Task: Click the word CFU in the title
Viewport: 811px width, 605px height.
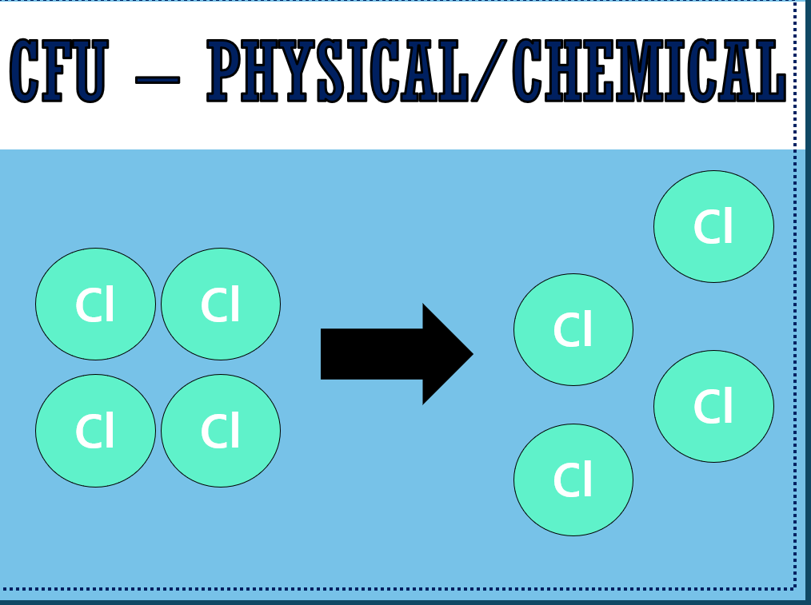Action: click(x=59, y=70)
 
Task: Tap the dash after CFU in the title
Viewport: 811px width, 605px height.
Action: click(x=158, y=80)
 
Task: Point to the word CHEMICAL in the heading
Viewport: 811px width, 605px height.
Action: click(x=649, y=70)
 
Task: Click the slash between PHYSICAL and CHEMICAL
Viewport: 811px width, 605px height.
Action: click(x=489, y=70)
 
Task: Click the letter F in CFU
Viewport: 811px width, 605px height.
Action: click(x=56, y=70)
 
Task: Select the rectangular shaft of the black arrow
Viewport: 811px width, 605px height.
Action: click(x=372, y=354)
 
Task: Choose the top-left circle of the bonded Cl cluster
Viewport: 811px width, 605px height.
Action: click(x=96, y=304)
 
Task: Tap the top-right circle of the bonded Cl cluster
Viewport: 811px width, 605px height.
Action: click(x=221, y=304)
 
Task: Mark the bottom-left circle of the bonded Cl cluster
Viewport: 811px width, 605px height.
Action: click(x=96, y=430)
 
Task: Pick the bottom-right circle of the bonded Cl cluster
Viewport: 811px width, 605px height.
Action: click(x=221, y=430)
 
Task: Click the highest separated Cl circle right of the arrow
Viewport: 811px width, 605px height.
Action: click(x=713, y=226)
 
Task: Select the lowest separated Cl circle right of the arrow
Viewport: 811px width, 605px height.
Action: click(x=573, y=480)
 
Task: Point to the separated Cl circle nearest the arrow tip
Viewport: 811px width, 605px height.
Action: click(x=573, y=329)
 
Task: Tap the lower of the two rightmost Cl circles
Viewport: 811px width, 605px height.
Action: click(x=713, y=406)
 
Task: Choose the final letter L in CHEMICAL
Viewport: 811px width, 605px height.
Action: click(x=772, y=70)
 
